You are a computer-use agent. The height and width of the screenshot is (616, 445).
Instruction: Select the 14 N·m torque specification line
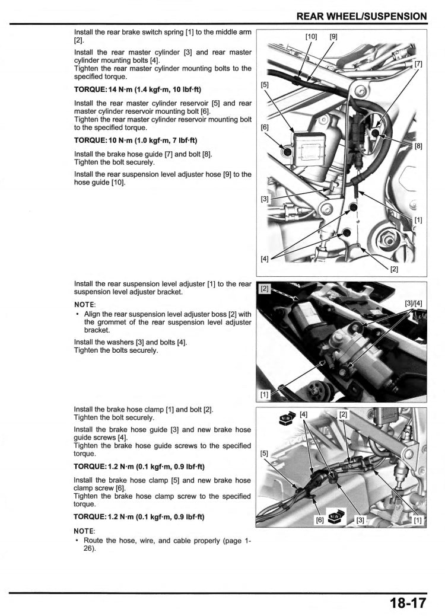click(138, 90)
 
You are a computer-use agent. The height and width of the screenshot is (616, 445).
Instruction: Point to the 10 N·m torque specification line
click(136, 141)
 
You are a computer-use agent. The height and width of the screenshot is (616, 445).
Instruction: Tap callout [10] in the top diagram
click(311, 37)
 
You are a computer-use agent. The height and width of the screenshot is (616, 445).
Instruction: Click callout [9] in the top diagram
click(333, 37)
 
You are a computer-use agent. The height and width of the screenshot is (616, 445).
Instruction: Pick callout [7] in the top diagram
click(418, 63)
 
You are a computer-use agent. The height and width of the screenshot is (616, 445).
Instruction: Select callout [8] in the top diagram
click(418, 146)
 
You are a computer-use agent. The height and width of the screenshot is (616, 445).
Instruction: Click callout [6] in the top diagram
click(265, 127)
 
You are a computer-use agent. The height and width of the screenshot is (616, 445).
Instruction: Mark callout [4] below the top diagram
click(265, 258)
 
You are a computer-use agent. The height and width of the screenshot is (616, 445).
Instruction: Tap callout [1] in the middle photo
click(265, 394)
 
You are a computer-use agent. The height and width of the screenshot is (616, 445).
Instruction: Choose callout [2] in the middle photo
click(265, 289)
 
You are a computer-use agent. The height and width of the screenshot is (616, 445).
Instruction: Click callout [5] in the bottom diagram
click(265, 454)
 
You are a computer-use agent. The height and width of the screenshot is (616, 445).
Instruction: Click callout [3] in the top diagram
click(265, 199)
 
